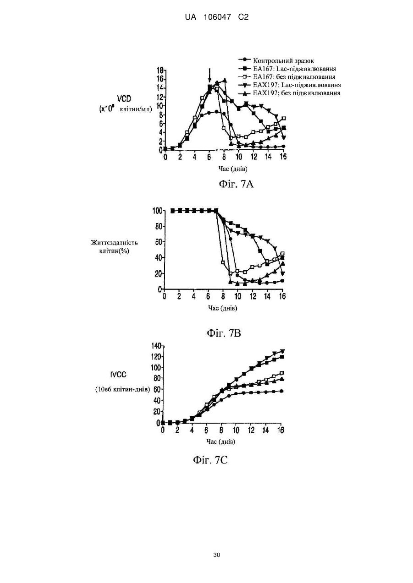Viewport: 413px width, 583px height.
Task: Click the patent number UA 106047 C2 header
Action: (216, 17)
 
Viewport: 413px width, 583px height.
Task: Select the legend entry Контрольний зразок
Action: (276, 60)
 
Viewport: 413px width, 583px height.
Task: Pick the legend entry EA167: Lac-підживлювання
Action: (287, 69)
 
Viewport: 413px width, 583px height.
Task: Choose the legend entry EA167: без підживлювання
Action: (287, 77)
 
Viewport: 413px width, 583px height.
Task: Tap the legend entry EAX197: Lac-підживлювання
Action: (290, 85)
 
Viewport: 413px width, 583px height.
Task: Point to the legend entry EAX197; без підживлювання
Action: (289, 93)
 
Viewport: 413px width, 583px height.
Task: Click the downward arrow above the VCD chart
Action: (209, 75)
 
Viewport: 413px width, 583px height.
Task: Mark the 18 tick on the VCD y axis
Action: (160, 70)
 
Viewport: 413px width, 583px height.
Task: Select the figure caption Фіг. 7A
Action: (236, 184)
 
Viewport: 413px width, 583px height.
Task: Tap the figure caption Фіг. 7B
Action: (224, 333)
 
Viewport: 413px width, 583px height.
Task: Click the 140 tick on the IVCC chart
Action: (156, 346)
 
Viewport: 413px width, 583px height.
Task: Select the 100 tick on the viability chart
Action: (158, 210)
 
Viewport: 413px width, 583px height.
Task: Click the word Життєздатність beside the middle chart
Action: (115, 243)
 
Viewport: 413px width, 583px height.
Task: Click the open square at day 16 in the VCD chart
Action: (284, 119)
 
